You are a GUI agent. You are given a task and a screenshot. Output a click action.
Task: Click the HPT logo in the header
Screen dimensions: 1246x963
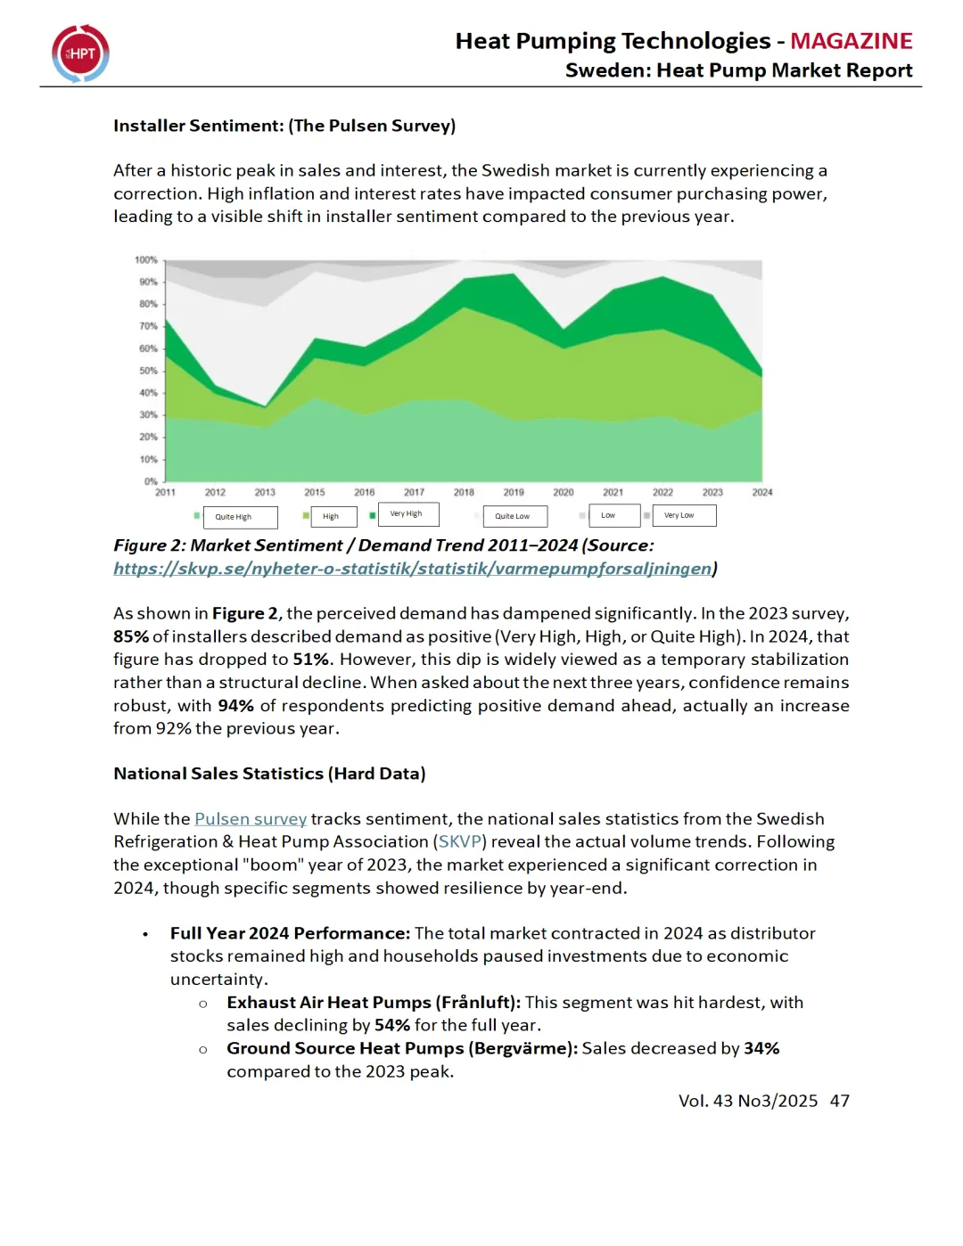pyautogui.click(x=80, y=53)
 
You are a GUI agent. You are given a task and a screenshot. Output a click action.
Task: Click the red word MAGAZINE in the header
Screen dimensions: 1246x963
pyautogui.click(x=851, y=41)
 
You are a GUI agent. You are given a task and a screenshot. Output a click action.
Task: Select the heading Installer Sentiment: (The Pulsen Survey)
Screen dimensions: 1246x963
pyautogui.click(x=284, y=126)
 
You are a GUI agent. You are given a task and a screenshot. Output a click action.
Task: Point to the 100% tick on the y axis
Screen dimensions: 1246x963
pyautogui.click(x=146, y=260)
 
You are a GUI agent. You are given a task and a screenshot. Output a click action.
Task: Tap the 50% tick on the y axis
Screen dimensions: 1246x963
pyautogui.click(x=148, y=371)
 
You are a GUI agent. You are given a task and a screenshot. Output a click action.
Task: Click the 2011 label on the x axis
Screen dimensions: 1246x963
pyautogui.click(x=165, y=492)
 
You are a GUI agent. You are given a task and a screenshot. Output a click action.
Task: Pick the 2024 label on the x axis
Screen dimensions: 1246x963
pyautogui.click(x=762, y=492)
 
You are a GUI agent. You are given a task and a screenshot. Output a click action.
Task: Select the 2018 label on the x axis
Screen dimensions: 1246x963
pyautogui.click(x=464, y=492)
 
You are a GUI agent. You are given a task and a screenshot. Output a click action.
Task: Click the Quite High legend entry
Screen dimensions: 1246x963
pyautogui.click(x=234, y=517)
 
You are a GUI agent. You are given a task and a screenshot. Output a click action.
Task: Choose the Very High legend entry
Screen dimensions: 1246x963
pyautogui.click(x=407, y=514)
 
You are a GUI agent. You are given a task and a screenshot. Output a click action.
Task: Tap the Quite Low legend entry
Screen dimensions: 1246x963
pyautogui.click(x=513, y=516)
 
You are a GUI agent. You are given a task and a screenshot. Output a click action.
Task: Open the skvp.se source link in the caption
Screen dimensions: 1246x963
pyautogui.click(x=412, y=569)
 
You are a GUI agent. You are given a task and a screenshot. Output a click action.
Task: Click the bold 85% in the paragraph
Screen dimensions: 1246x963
pyautogui.click(x=131, y=636)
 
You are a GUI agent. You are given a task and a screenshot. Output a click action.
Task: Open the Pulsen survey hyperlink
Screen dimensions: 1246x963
pyautogui.click(x=251, y=819)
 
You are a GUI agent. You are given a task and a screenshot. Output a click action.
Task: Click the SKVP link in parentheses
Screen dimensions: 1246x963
pyautogui.click(x=460, y=842)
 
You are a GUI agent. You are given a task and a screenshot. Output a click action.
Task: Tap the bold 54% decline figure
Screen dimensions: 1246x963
pyautogui.click(x=392, y=1026)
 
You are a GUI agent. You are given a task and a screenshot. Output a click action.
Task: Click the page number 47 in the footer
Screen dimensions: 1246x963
pyautogui.click(x=839, y=1101)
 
